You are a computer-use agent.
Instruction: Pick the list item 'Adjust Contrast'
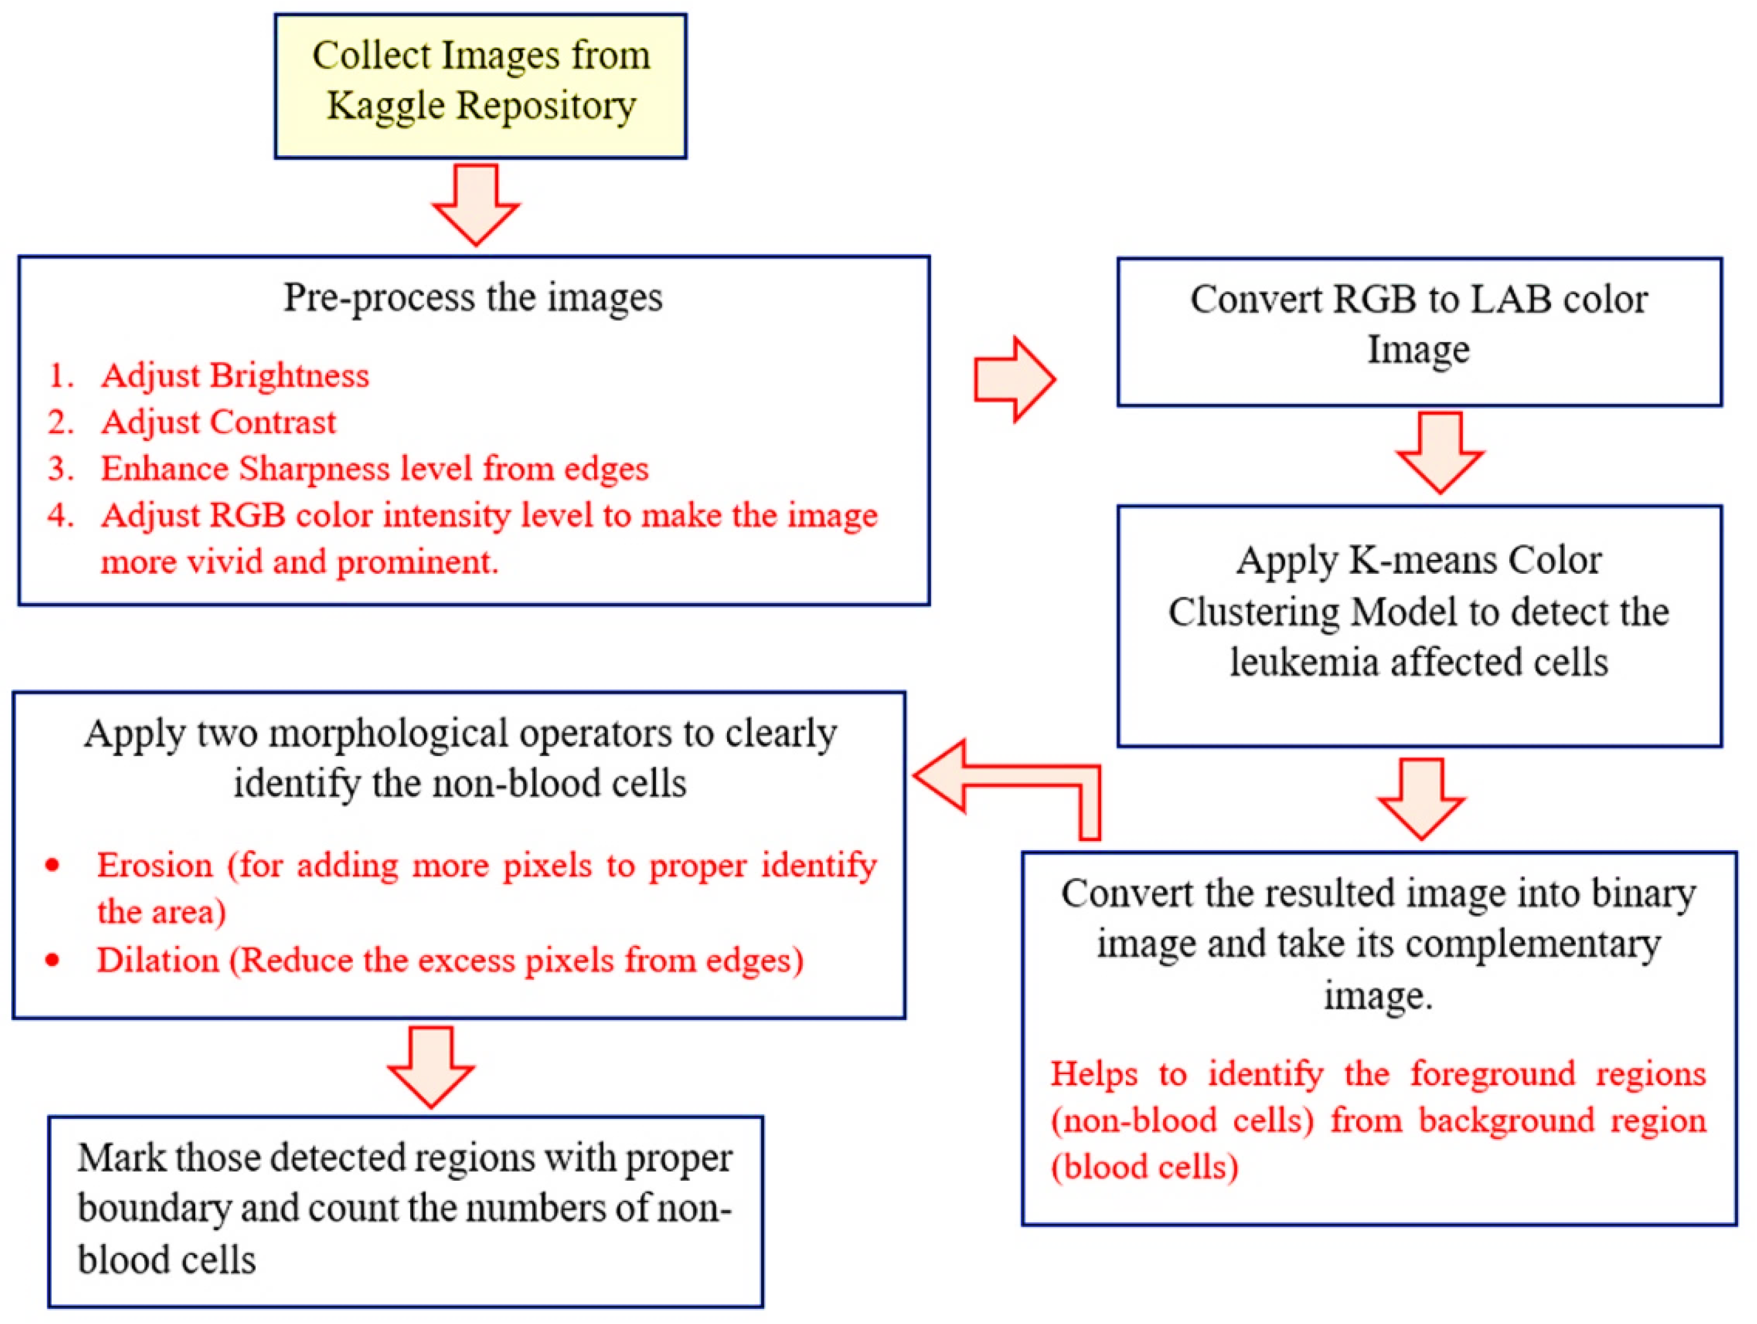pos(219,422)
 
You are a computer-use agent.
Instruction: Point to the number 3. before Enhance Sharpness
pos(61,468)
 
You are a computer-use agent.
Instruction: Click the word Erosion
pos(155,865)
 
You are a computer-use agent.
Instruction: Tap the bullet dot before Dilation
pos(53,960)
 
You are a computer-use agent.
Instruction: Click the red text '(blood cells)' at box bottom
pos(1145,1168)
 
